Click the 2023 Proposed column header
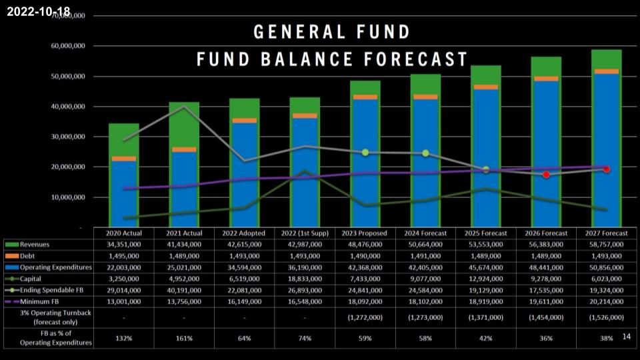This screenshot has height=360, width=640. click(x=365, y=233)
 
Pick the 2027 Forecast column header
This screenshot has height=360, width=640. click(x=606, y=233)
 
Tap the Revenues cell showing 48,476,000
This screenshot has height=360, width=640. click(x=365, y=245)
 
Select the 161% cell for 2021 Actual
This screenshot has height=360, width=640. click(x=184, y=338)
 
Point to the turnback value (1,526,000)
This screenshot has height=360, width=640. click(x=606, y=317)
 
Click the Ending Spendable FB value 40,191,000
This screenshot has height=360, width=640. click(x=184, y=290)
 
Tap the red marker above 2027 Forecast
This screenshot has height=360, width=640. click(x=607, y=169)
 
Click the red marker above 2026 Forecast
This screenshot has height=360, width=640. click(x=546, y=175)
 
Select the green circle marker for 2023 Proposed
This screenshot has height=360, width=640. click(x=365, y=153)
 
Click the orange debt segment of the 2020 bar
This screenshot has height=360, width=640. click(x=124, y=159)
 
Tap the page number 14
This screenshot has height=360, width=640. click(x=626, y=337)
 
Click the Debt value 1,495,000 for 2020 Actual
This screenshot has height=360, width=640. click(x=124, y=256)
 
